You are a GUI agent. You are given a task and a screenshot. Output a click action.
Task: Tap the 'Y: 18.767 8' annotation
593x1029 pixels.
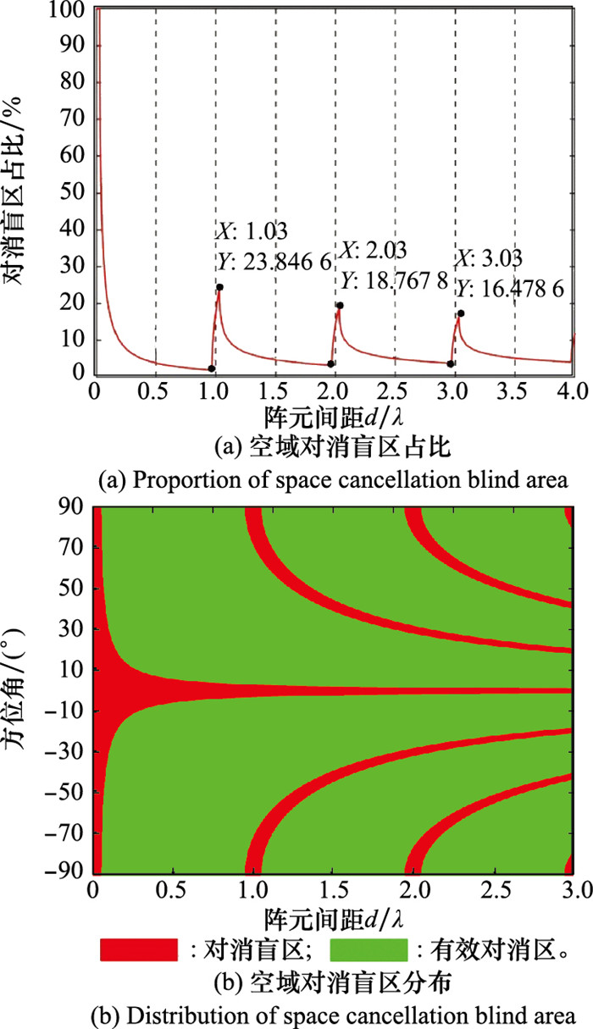[394, 279]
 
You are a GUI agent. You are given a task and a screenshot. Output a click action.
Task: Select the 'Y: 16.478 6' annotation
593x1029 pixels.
[510, 290]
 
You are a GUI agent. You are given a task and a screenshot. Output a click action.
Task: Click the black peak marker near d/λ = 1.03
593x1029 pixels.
[219, 287]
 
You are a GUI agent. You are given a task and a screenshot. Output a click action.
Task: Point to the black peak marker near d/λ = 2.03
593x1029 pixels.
[340, 306]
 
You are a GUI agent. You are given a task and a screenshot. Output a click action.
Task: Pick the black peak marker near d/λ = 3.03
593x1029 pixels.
[461, 313]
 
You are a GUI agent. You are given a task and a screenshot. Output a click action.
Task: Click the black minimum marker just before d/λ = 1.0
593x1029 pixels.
[211, 368]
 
